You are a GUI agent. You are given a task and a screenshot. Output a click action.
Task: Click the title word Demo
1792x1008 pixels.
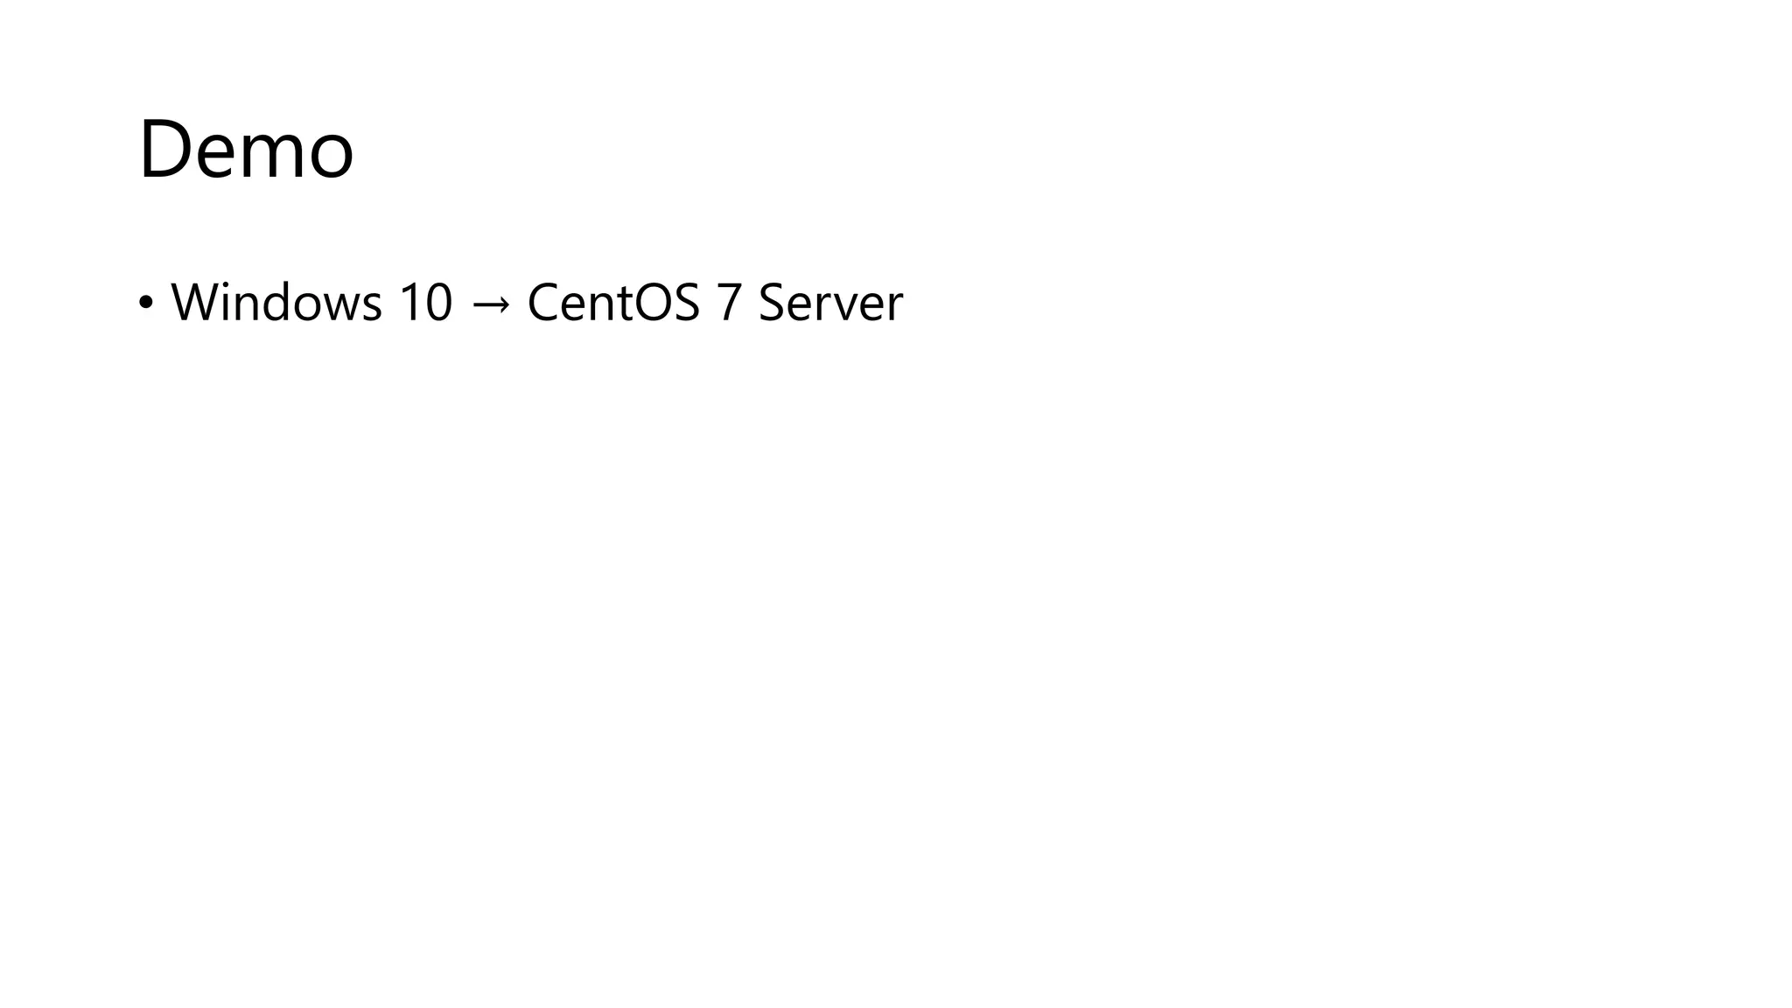[x=246, y=150]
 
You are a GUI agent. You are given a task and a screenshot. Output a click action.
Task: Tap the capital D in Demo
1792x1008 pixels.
[x=165, y=150]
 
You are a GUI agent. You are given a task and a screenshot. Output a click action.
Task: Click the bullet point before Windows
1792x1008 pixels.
[x=145, y=303]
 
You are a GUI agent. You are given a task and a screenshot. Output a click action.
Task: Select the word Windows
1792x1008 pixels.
[x=276, y=303]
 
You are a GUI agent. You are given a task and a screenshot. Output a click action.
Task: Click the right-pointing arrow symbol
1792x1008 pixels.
[x=490, y=304]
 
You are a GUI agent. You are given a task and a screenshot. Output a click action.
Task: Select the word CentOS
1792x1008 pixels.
[x=613, y=303]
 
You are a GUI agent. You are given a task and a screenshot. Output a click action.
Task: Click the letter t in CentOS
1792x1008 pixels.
[x=623, y=304]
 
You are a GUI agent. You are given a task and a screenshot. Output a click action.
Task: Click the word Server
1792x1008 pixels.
[x=829, y=303]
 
